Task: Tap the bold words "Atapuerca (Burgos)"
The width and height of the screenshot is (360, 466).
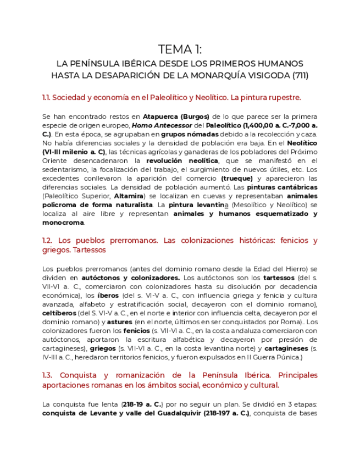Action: coord(176,116)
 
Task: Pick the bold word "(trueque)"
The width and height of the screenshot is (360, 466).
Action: coord(237,179)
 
